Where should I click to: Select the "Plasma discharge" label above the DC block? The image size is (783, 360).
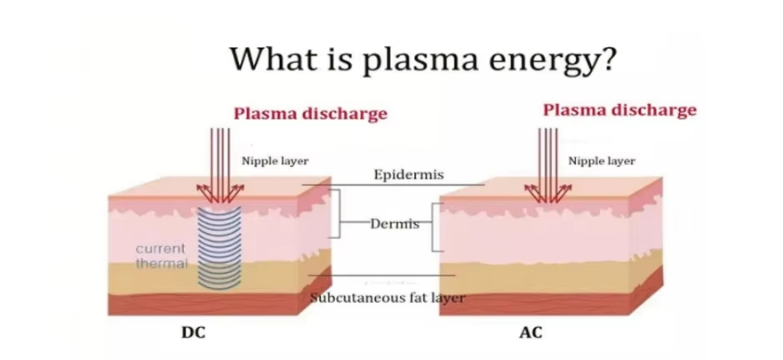tap(310, 114)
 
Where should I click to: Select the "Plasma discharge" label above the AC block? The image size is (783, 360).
tap(619, 110)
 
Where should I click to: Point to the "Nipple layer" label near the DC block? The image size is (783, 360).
tap(276, 161)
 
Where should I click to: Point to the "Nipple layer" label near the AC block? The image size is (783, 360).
tap(602, 161)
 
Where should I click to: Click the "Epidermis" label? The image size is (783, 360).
tap(409, 174)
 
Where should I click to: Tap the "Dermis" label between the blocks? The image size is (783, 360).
tap(394, 223)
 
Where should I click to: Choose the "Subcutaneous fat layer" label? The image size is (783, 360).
tap(388, 298)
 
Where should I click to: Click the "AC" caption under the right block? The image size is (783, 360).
tap(530, 334)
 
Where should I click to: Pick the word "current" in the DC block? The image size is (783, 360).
tap(160, 248)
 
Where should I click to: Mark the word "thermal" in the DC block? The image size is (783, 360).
tap(161, 263)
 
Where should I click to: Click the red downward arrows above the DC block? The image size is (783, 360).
tap(218, 160)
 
